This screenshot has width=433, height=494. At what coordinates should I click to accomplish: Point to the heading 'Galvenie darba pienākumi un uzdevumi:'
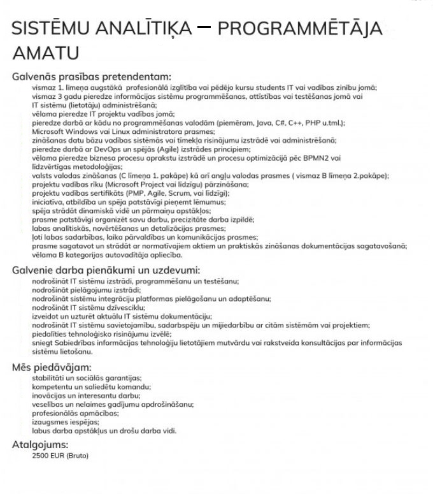click(106, 270)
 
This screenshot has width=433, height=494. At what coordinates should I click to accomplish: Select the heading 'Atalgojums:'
click(40, 444)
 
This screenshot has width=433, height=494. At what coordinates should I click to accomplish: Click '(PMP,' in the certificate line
click(131, 193)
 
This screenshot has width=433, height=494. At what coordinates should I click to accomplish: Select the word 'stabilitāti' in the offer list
click(50, 377)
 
